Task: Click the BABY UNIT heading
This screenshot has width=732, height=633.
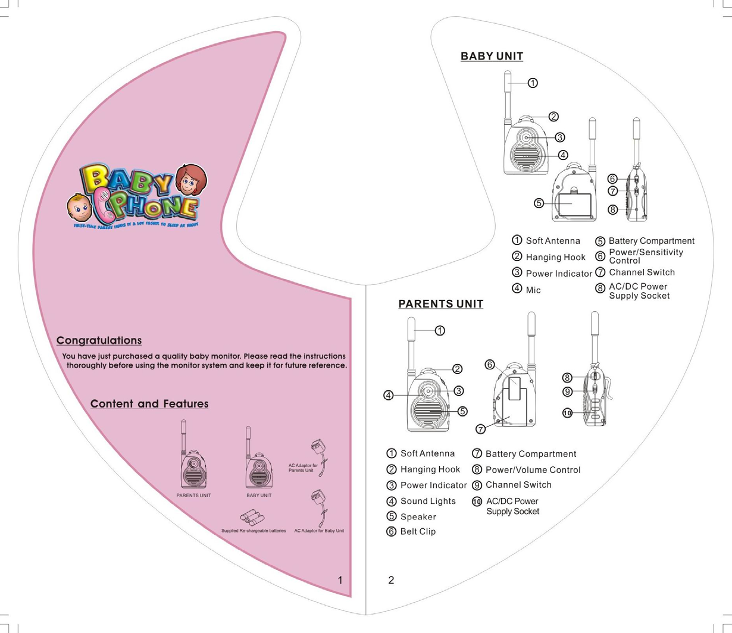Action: click(x=492, y=57)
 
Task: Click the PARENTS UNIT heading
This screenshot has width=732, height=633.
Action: click(x=440, y=304)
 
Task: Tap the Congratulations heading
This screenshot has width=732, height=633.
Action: click(x=99, y=341)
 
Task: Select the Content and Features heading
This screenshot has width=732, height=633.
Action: click(x=149, y=404)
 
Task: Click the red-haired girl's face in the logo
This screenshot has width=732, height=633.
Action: click(x=191, y=179)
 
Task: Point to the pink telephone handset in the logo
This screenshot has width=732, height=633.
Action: click(x=104, y=205)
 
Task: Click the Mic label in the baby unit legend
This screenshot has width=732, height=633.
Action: click(x=533, y=290)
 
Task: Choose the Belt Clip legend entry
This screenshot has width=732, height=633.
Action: click(x=418, y=532)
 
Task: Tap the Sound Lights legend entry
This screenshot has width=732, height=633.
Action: click(x=428, y=502)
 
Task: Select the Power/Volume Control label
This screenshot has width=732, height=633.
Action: click(x=533, y=470)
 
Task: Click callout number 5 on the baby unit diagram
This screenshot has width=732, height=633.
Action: click(x=539, y=203)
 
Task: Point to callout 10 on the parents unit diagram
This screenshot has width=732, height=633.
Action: click(x=567, y=413)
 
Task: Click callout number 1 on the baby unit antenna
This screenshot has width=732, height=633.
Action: click(x=533, y=83)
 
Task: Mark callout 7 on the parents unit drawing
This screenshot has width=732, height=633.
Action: click(x=480, y=430)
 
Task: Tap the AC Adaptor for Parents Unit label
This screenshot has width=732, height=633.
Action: click(x=303, y=468)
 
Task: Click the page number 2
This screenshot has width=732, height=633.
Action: click(x=391, y=580)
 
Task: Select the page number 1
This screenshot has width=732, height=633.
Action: click(x=340, y=580)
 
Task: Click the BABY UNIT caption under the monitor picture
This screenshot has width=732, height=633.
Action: click(x=259, y=495)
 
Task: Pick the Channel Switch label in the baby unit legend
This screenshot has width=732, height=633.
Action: click(x=642, y=272)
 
